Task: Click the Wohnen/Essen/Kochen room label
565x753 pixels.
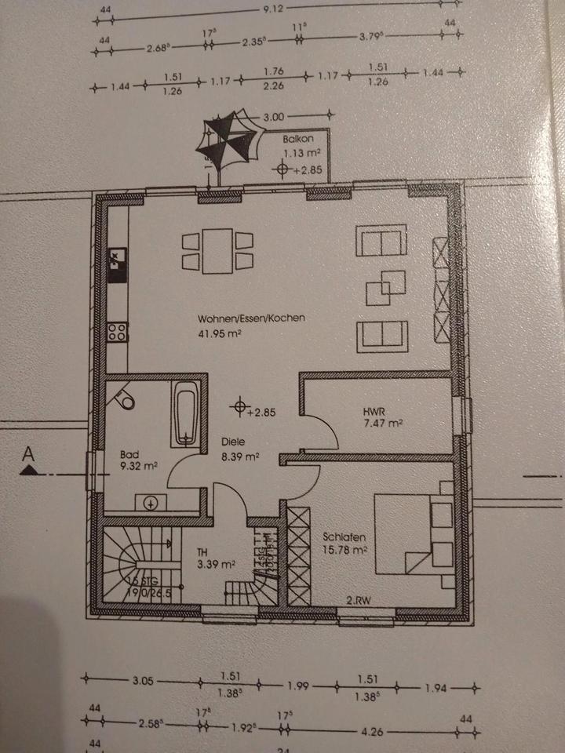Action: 251,319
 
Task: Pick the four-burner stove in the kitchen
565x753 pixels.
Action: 118,331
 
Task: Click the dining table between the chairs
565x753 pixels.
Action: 217,251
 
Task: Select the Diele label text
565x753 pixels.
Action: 234,442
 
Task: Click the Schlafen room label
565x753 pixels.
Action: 342,537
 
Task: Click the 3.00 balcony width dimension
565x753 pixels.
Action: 272,117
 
